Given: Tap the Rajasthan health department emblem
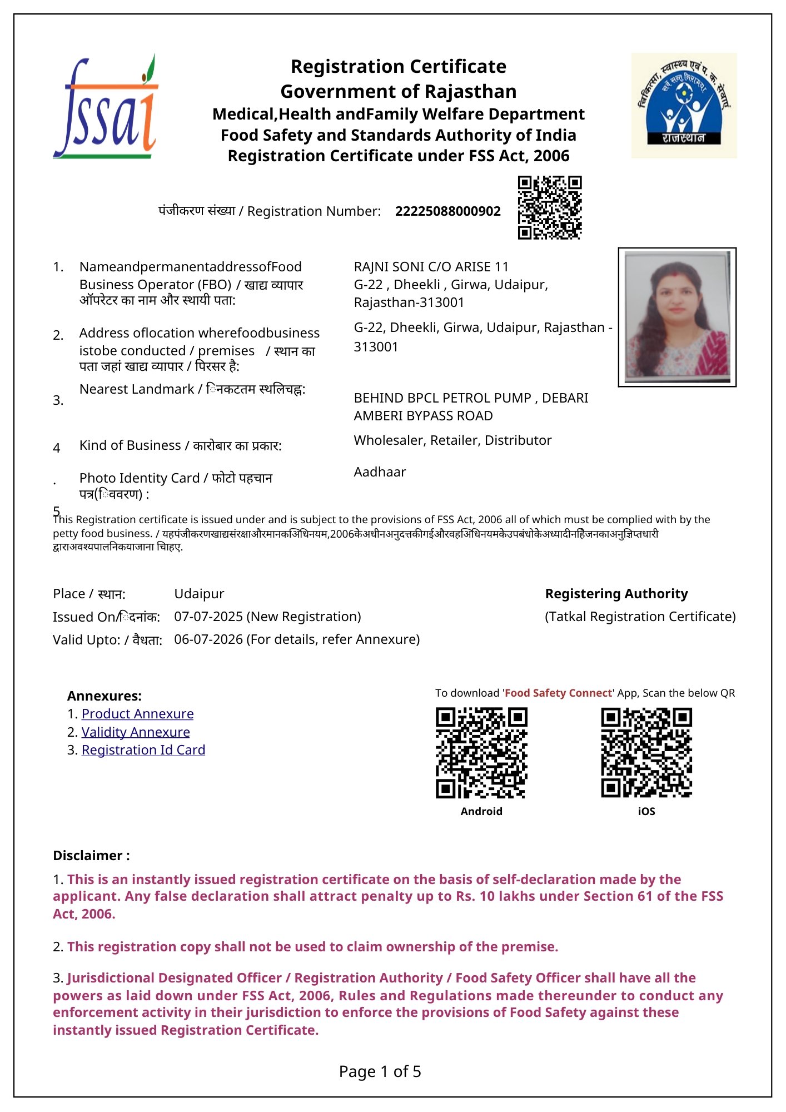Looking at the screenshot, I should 684,106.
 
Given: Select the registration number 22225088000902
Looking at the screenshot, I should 447,211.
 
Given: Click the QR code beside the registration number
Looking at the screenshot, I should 550,207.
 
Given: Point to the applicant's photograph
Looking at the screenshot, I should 677,317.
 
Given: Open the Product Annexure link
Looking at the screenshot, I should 137,714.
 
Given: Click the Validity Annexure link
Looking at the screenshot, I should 136,732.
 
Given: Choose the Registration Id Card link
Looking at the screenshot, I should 143,750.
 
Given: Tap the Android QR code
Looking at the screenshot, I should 481,753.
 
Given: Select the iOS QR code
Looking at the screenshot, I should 646,753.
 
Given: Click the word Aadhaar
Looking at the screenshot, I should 380,472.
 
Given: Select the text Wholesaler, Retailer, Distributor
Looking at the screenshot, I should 452,440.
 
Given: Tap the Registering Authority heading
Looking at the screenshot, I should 616,594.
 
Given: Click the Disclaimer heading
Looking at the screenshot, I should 91,856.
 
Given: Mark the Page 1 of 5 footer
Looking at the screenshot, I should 380,1071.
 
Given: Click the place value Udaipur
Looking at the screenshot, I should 199,594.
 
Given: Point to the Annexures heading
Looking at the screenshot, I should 105,696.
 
